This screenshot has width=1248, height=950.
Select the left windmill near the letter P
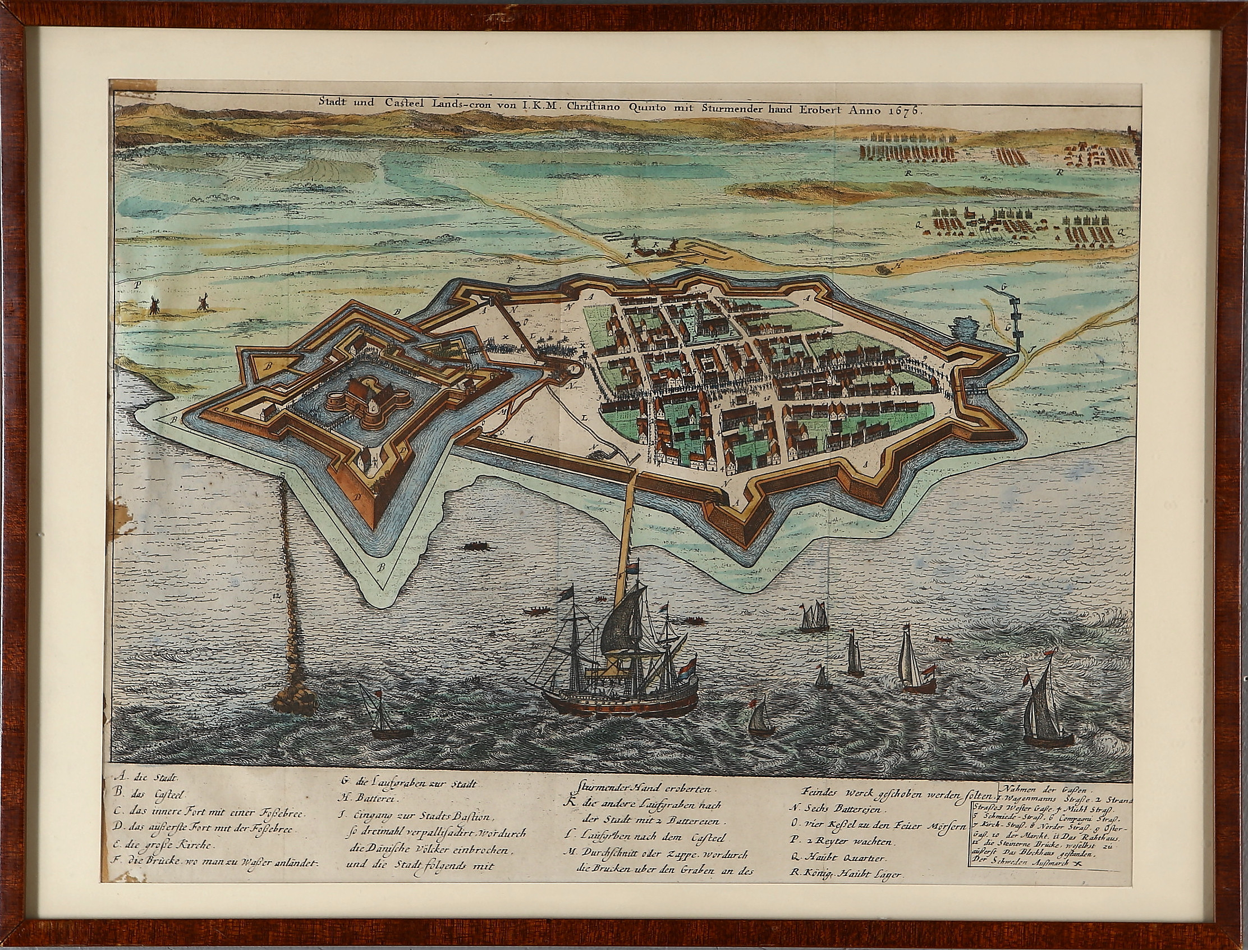click(152, 307)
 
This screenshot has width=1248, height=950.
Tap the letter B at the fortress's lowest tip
click(382, 567)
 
